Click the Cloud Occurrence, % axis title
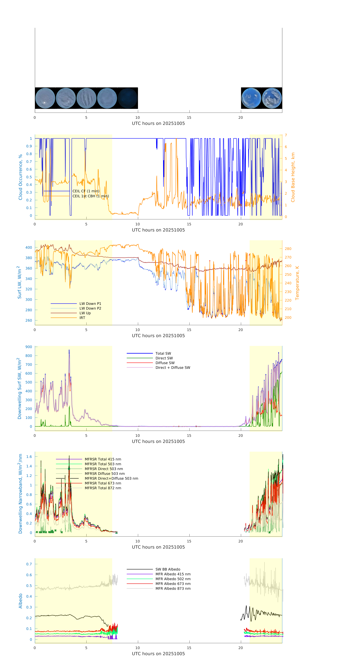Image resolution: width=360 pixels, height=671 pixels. (x=20, y=177)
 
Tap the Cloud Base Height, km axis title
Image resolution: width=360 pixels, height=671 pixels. (x=293, y=177)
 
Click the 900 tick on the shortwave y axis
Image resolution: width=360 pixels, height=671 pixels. (x=29, y=347)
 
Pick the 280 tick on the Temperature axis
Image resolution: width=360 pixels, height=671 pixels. (x=288, y=249)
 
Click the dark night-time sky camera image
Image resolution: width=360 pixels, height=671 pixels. (x=128, y=98)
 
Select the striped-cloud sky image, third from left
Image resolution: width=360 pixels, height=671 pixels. (x=86, y=98)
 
